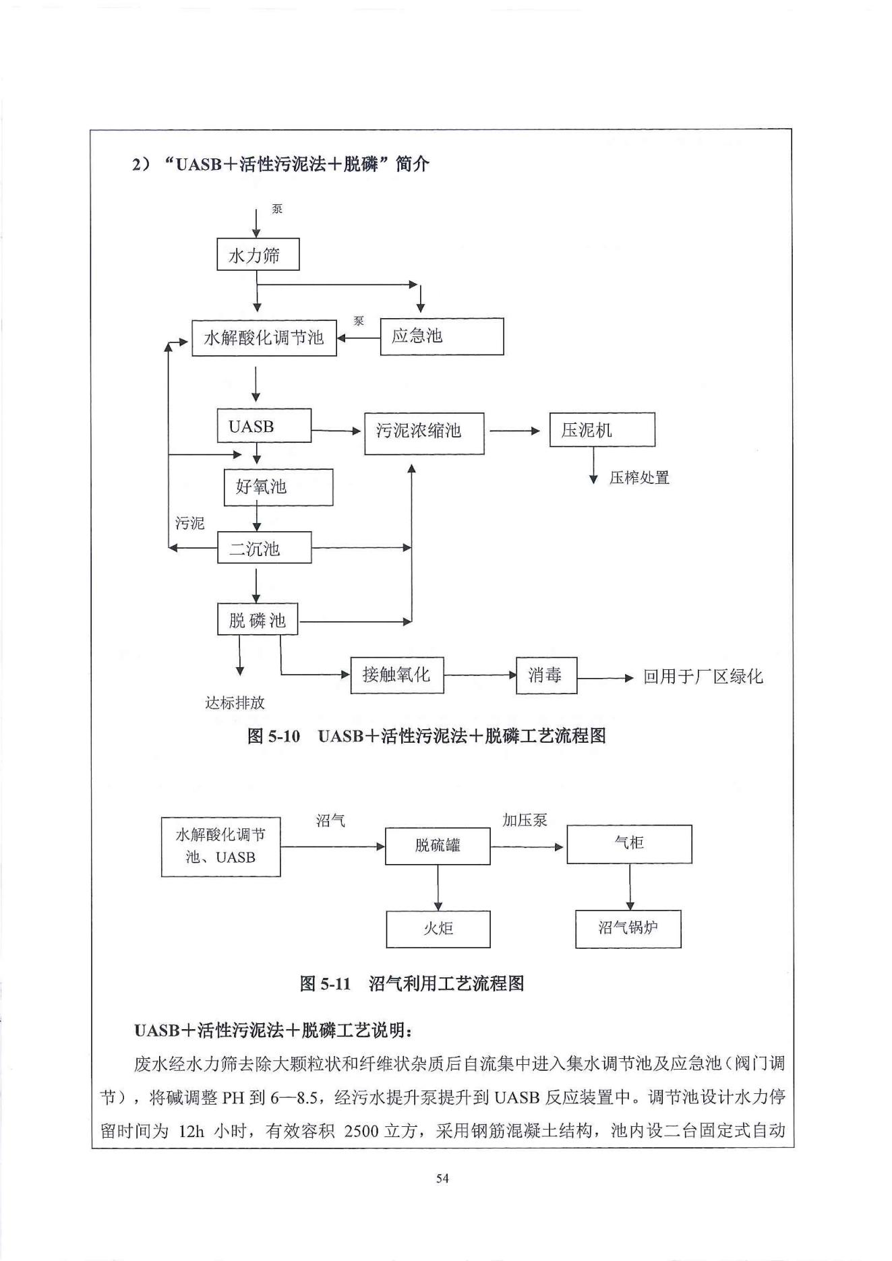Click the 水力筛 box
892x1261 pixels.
click(258, 255)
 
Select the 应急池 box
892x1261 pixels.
click(441, 336)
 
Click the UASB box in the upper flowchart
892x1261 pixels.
click(264, 426)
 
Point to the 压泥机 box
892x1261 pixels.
click(601, 429)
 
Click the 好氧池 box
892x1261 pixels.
click(278, 487)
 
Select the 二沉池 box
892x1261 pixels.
click(264, 548)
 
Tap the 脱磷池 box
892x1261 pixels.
click(258, 619)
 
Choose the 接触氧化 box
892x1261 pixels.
click(396, 675)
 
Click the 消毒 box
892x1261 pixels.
click(546, 675)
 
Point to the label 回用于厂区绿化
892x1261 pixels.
click(702, 677)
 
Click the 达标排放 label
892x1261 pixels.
click(235, 703)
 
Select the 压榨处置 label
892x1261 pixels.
click(638, 478)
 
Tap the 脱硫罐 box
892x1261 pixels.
click(437, 845)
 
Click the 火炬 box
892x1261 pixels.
click(438, 929)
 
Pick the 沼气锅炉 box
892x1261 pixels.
click(628, 928)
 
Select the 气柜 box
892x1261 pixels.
click(628, 843)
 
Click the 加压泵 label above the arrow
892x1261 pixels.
click(524, 820)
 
